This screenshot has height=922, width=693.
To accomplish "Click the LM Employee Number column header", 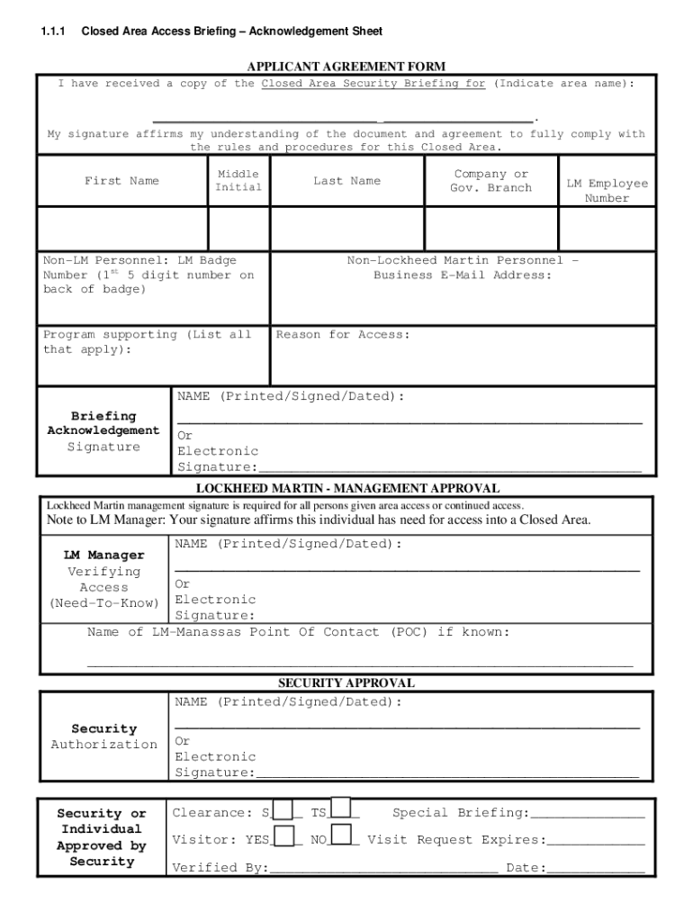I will point(607,190).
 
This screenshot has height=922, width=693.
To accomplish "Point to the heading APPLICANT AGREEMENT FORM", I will point(346,67).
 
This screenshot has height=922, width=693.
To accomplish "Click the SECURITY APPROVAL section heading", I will point(346,683).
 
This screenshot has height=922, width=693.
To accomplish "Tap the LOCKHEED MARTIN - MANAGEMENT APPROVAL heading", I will point(346,488).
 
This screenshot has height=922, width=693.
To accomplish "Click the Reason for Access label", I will point(342,335).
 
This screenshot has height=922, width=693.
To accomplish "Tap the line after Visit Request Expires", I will point(596,845).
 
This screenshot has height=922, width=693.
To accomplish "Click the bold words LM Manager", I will point(103,556).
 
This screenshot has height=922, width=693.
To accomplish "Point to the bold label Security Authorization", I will point(103,737).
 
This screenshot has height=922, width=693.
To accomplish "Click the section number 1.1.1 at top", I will point(52,32).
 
